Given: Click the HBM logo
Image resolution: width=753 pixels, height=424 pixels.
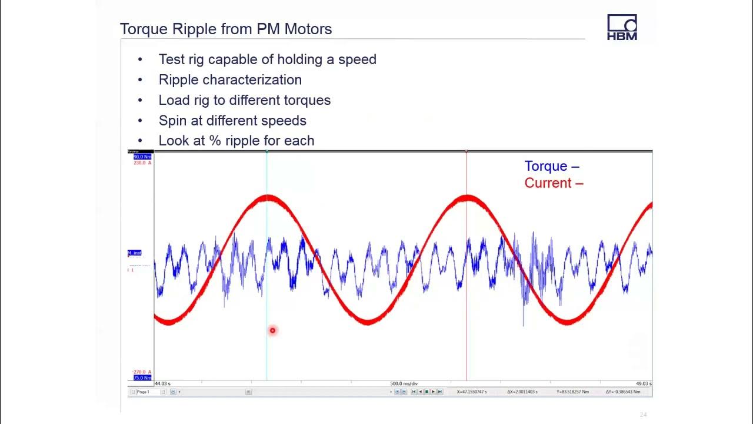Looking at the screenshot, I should pyautogui.click(x=622, y=28).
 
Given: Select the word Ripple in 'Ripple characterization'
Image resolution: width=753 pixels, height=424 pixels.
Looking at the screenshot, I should pyautogui.click(x=177, y=79).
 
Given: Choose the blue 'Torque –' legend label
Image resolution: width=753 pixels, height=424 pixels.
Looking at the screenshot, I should pyautogui.click(x=551, y=166).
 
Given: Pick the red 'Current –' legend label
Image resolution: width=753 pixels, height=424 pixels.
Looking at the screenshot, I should pyautogui.click(x=554, y=183).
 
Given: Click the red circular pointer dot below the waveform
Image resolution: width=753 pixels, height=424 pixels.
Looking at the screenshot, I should pyautogui.click(x=272, y=330).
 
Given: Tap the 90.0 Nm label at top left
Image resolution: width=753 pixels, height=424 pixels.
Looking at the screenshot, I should pyautogui.click(x=142, y=157).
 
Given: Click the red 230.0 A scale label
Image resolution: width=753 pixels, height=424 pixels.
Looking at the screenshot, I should pyautogui.click(x=142, y=163).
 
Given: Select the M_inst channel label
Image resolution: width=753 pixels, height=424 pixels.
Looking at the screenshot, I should pyautogui.click(x=135, y=253).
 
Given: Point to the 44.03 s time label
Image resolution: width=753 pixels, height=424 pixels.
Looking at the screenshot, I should pyautogui.click(x=162, y=384).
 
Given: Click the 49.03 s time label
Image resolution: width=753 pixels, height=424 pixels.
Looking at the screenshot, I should pyautogui.click(x=643, y=384).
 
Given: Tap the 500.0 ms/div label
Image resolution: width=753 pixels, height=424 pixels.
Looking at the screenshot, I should pyautogui.click(x=404, y=384).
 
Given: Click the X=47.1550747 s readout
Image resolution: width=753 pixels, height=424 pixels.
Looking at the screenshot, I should pyautogui.click(x=472, y=392).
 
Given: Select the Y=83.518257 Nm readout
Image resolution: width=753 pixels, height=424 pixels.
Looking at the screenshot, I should pyautogui.click(x=572, y=392).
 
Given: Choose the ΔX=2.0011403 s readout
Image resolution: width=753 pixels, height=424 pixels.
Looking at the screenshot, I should pyautogui.click(x=522, y=392).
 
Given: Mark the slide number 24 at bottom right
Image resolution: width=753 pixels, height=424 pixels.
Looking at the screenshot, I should pyautogui.click(x=643, y=415).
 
